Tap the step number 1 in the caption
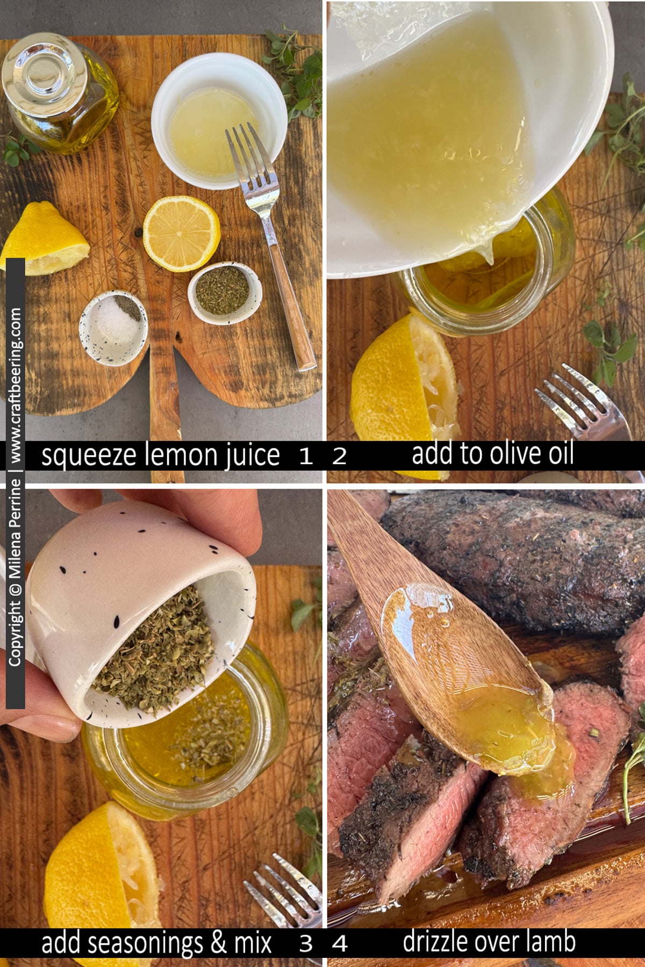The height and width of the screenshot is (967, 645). [305, 457]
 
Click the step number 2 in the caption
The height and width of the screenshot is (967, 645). [339, 457]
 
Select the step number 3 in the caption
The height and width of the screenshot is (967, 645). [306, 943]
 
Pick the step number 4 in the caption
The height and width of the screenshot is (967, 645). [339, 943]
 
